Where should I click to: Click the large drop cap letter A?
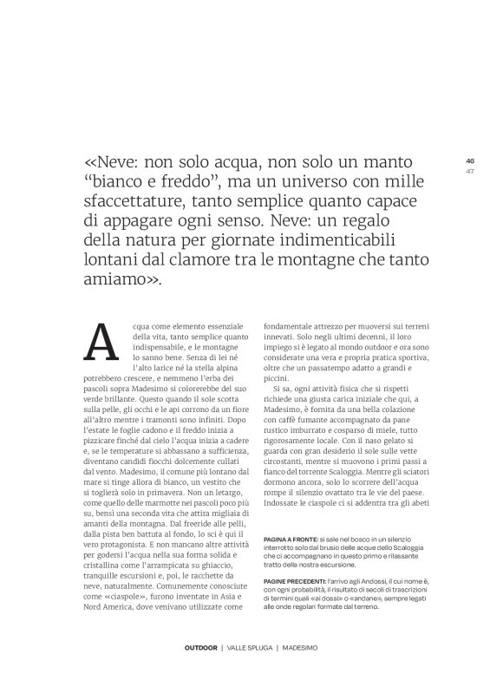(x=102, y=342)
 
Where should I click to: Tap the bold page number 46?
(x=470, y=160)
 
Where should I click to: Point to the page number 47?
(x=470, y=170)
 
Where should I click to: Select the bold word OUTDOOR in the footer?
(x=201, y=648)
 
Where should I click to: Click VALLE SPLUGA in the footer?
(x=251, y=648)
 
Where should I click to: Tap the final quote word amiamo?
(x=117, y=280)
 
